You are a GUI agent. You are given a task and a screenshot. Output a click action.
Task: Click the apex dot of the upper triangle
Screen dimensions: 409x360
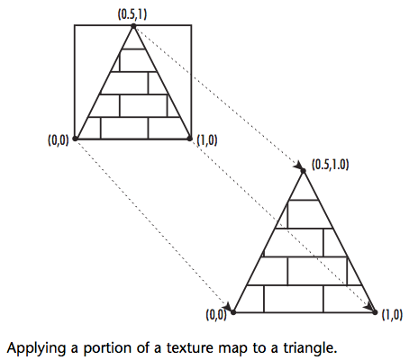pyautogui.click(x=133, y=26)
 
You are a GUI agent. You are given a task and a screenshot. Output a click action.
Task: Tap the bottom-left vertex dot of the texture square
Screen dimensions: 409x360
pyautogui.click(x=75, y=139)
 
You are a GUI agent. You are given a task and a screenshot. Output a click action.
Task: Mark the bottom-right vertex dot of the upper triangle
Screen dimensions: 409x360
pyautogui.click(x=189, y=139)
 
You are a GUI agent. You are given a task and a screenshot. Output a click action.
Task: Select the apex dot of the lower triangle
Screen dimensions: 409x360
pyautogui.click(x=303, y=171)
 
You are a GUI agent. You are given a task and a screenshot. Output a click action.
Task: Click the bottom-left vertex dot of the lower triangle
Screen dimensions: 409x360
pyautogui.click(x=233, y=312)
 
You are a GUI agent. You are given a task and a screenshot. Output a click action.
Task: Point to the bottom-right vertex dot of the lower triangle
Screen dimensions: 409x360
pyautogui.click(x=375, y=312)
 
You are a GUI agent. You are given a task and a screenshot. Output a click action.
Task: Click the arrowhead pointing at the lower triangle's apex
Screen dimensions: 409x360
pyautogui.click(x=298, y=166)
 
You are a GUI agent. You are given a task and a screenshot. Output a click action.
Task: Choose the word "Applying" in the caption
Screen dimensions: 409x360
pyautogui.click(x=36, y=349)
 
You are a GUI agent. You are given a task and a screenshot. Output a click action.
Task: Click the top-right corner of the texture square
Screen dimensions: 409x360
pyautogui.click(x=191, y=25)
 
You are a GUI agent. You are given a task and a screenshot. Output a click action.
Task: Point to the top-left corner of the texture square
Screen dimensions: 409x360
pyautogui.click(x=75, y=25)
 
